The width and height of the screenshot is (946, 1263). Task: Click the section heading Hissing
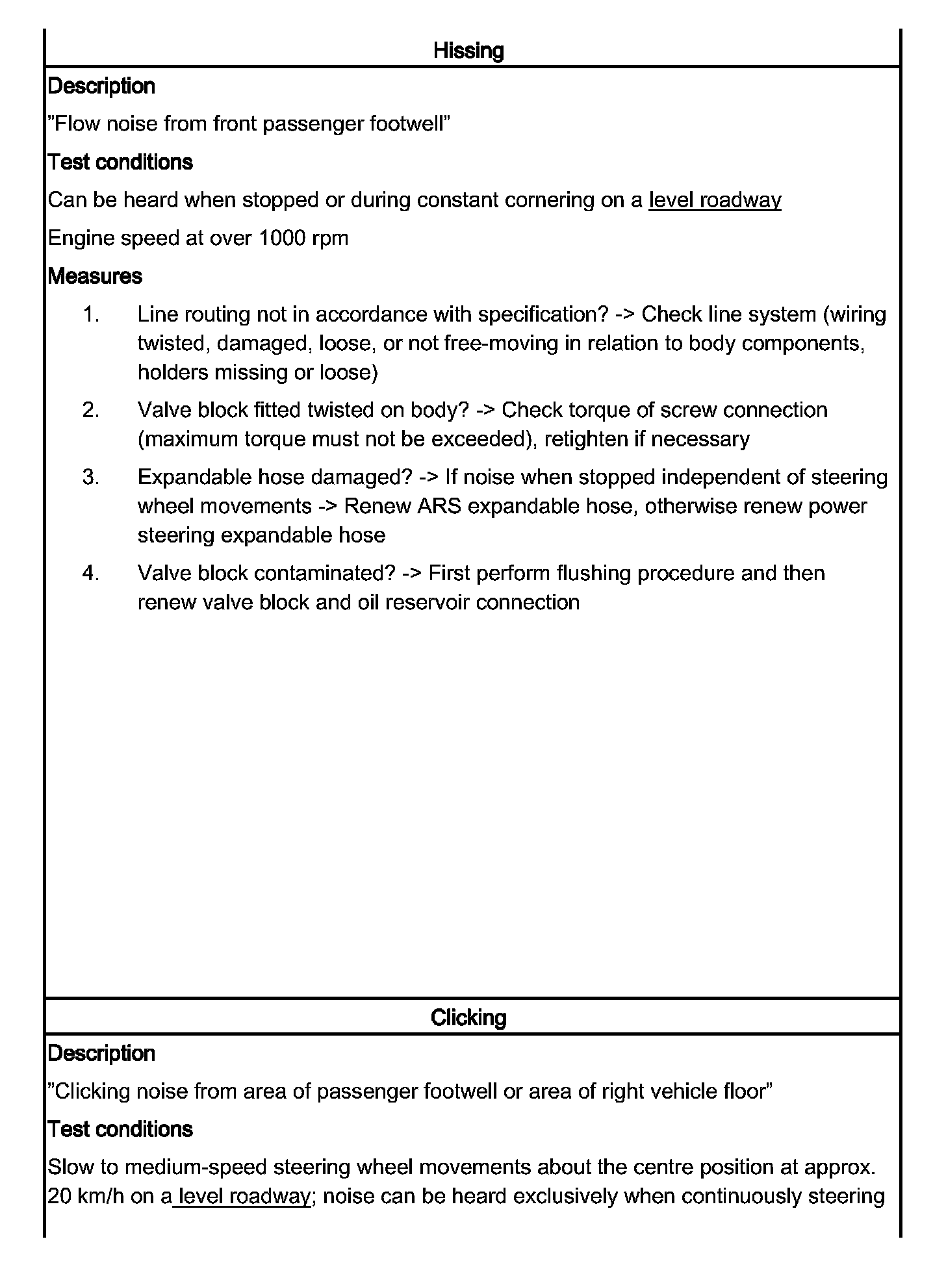468,51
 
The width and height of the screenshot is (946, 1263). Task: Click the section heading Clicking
468,1017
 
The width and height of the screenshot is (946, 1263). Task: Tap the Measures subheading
95,276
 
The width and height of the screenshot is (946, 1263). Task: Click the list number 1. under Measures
91,314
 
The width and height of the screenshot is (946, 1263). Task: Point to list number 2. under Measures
91,411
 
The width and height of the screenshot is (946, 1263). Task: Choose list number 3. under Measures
91,478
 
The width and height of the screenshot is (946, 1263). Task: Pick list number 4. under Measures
91,574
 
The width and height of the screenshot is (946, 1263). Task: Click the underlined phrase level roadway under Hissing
715,200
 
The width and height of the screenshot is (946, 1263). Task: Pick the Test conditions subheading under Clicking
120,1129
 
